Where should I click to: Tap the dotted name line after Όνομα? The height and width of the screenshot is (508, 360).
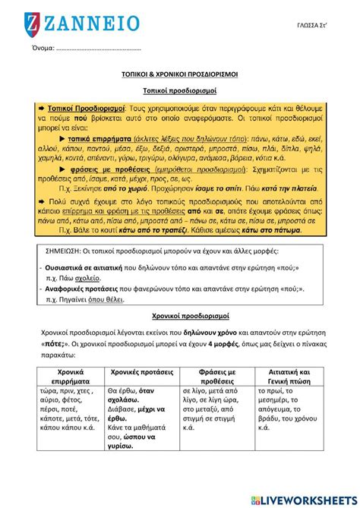[99, 49]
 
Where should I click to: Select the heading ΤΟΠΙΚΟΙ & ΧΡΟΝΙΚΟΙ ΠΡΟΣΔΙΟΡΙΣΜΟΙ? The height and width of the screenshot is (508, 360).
[180, 76]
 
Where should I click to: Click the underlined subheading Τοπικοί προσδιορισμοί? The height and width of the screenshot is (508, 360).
[180, 90]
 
